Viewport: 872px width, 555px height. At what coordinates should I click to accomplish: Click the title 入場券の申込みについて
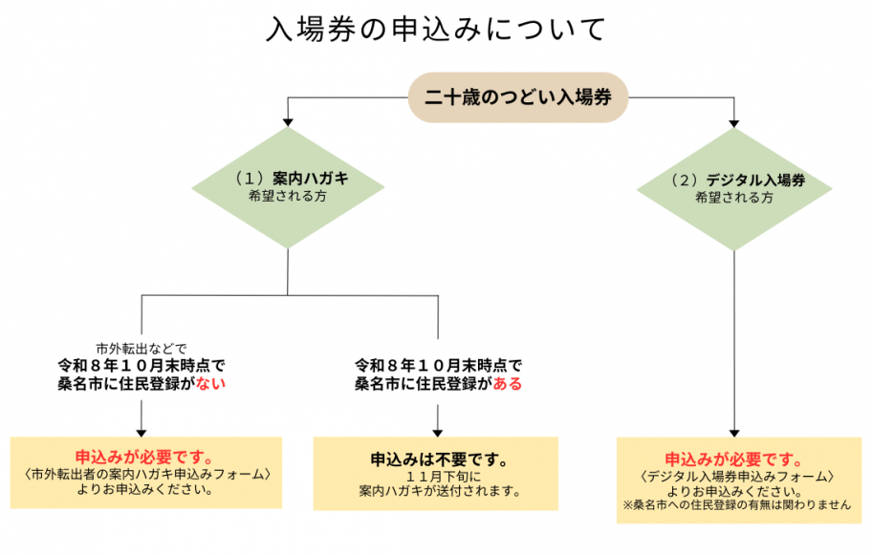pos(436,30)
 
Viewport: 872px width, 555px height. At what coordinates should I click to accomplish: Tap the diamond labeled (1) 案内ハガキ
pos(288,187)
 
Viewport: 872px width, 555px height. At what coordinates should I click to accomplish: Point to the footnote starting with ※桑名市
pos(734,505)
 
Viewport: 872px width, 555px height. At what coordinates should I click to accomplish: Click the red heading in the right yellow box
pos(734,457)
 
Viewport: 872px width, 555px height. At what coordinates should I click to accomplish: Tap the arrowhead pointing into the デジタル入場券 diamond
pos(734,123)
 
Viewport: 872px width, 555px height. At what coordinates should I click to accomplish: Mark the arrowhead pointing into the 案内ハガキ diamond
pos(288,123)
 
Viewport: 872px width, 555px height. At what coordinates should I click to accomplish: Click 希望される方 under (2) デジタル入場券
pos(734,198)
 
